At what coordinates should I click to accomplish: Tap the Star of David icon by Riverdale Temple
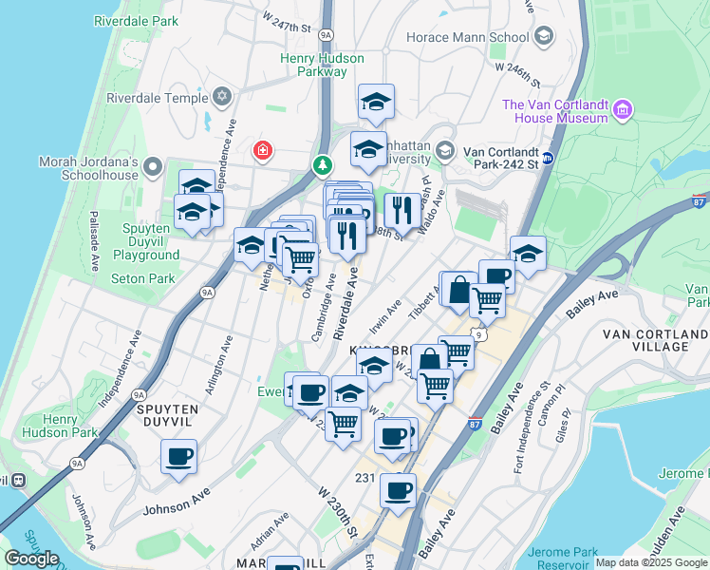222,97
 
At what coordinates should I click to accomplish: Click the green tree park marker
323,165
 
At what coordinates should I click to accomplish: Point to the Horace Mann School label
467,38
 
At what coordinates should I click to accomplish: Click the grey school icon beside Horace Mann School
544,37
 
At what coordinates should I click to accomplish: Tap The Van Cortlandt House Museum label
555,111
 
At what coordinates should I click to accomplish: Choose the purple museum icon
623,110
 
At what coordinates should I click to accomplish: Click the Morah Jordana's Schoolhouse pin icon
153,169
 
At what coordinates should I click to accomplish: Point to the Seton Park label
143,278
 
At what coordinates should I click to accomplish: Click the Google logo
31,558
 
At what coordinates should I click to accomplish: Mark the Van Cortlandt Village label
655,340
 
